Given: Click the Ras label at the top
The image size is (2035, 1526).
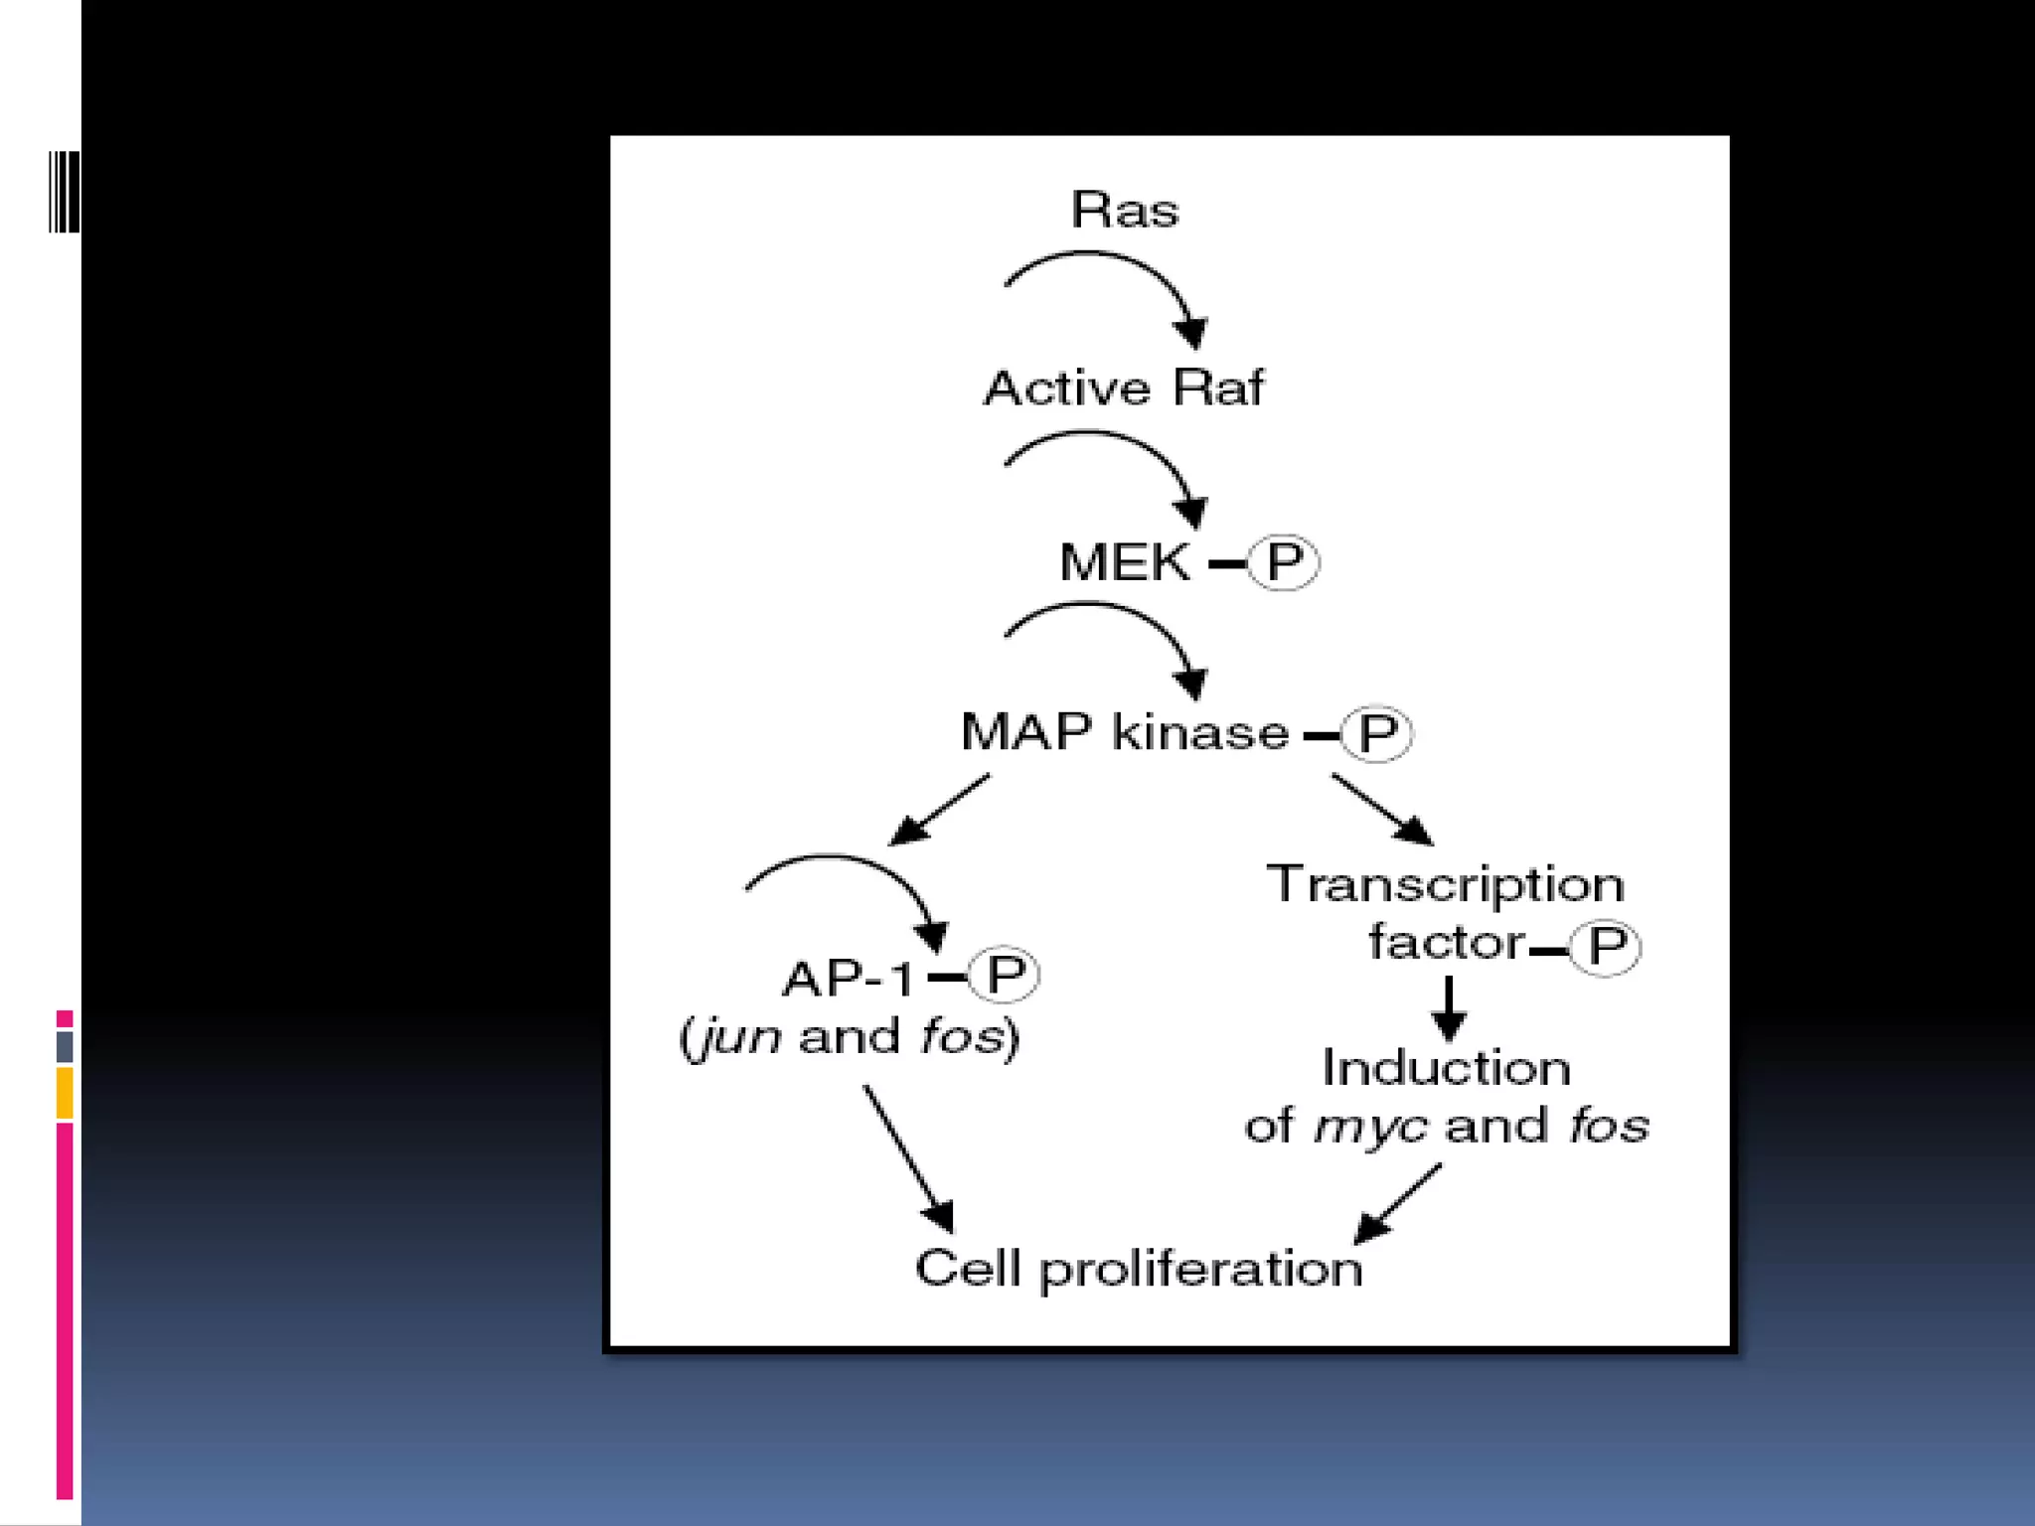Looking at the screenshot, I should [x=1124, y=210].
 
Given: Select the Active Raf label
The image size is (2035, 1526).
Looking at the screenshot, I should [x=1123, y=387].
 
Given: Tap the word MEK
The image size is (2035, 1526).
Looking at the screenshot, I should [x=1124, y=562].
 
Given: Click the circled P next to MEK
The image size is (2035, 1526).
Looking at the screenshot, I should [x=1283, y=562].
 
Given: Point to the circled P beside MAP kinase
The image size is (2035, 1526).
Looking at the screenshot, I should [x=1376, y=734].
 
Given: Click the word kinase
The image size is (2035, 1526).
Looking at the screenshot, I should [x=1199, y=732].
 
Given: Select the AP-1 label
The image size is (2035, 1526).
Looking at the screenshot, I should [x=847, y=979].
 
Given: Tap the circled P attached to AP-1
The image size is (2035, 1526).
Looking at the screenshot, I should [x=1004, y=975].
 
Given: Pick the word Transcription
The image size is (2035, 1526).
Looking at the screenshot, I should [x=1445, y=884].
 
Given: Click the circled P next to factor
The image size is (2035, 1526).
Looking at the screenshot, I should [x=1605, y=947].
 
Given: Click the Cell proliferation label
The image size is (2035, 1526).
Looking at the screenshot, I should [x=1139, y=1269].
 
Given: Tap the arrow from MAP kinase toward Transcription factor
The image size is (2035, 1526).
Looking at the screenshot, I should [x=1381, y=809].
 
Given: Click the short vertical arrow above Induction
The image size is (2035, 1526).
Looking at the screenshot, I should [x=1449, y=1007].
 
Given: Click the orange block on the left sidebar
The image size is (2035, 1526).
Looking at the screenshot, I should [x=65, y=1093].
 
